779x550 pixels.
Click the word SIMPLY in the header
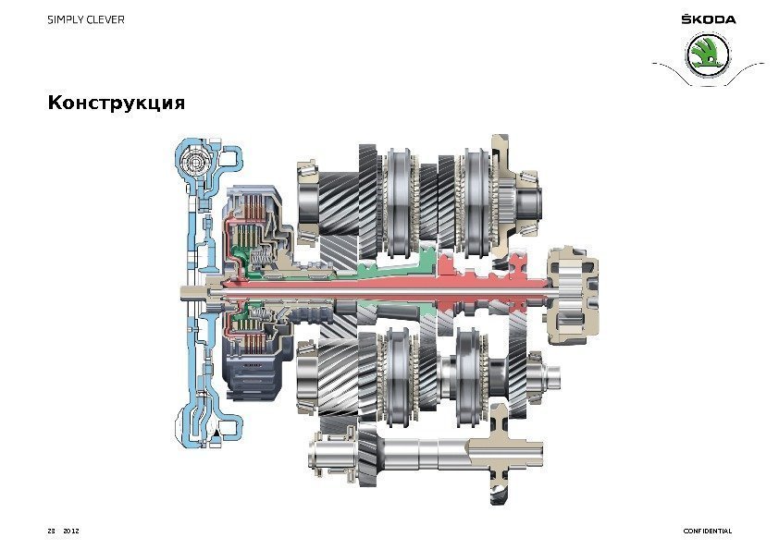(65, 19)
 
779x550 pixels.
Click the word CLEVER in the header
(105, 19)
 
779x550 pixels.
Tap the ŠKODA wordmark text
(709, 19)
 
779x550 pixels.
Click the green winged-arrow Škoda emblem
(708, 55)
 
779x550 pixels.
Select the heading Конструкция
(117, 103)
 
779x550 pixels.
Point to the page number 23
(51, 531)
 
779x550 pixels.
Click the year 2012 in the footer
(71, 531)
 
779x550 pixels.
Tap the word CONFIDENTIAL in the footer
(708, 531)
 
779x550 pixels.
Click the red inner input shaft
(388, 289)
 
